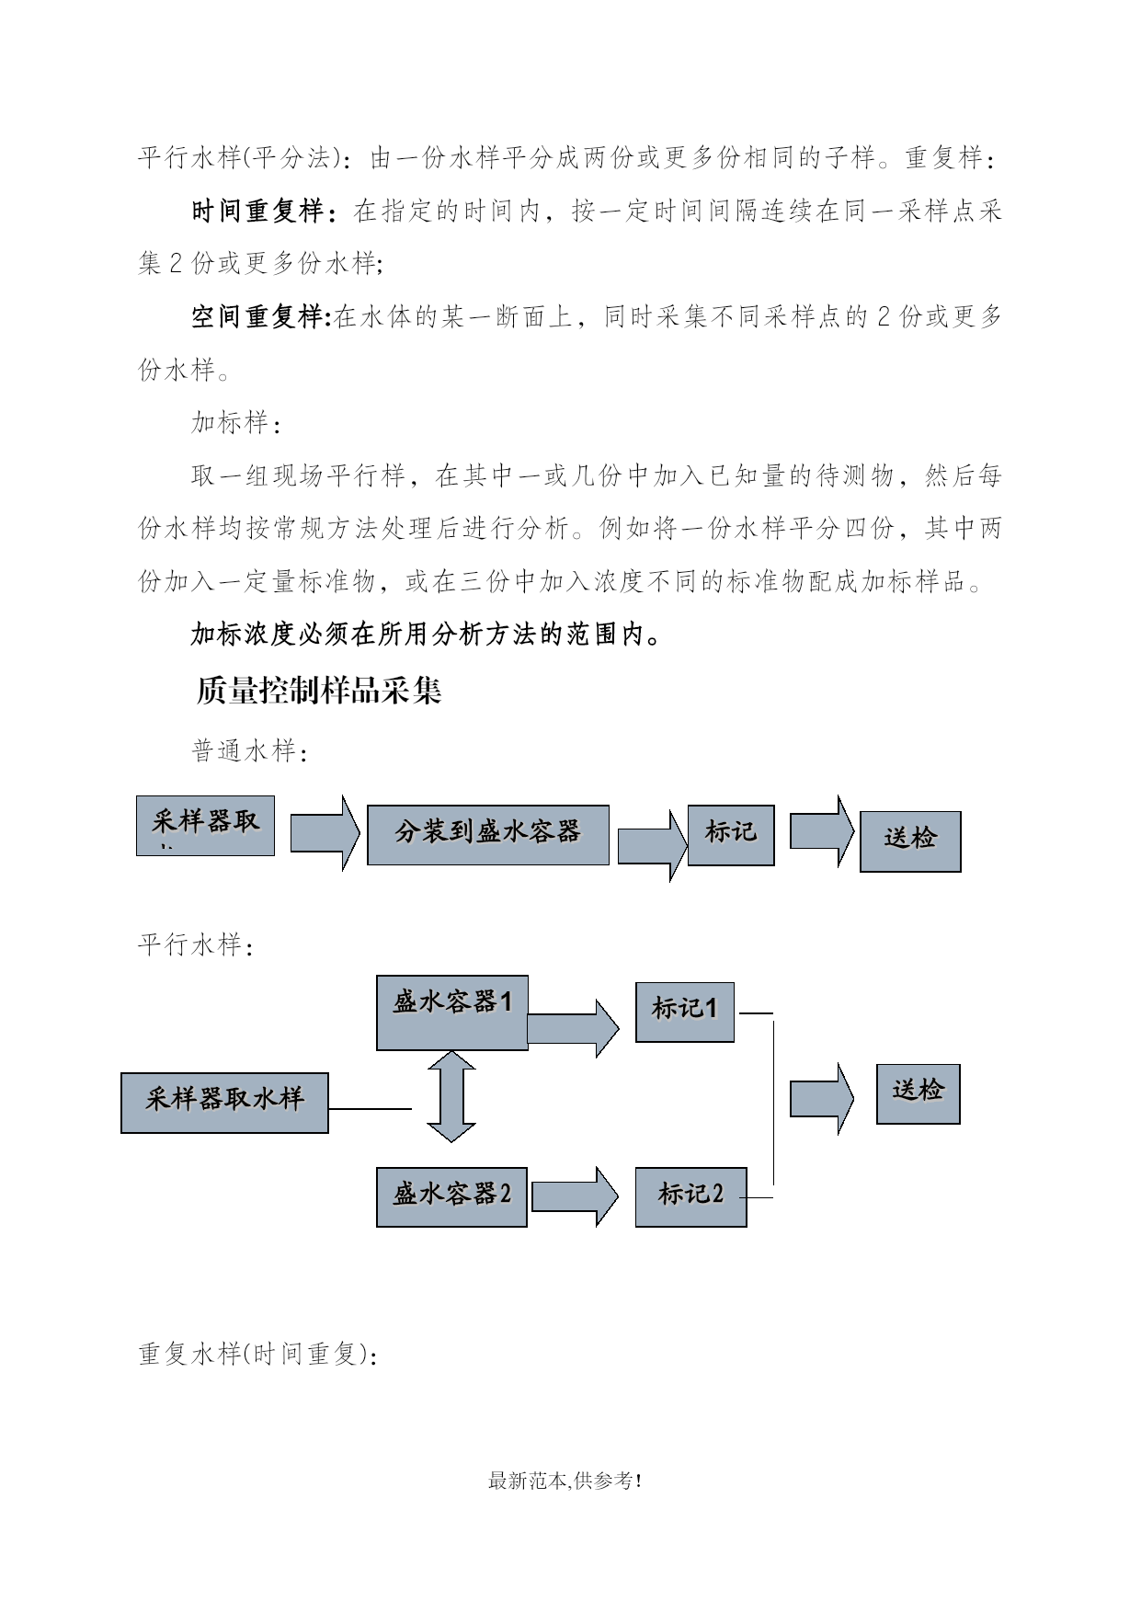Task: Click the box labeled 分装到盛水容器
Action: click(x=488, y=835)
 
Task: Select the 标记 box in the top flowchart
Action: click(x=731, y=835)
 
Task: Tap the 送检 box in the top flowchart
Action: click(x=910, y=841)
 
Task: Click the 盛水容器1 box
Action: click(x=452, y=1012)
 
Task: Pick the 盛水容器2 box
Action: click(x=451, y=1196)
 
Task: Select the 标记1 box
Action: click(x=685, y=1012)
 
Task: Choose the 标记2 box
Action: click(x=690, y=1196)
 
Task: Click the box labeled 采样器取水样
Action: click(x=224, y=1103)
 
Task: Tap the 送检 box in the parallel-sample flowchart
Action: click(x=919, y=1093)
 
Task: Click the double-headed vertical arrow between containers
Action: click(x=451, y=1097)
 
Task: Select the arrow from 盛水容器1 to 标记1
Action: click(x=574, y=1028)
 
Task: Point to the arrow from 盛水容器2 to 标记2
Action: click(x=576, y=1196)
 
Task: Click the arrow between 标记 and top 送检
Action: click(x=822, y=831)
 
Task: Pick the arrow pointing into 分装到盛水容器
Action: click(x=325, y=833)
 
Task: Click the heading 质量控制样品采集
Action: click(x=319, y=690)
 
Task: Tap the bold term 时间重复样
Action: click(x=257, y=211)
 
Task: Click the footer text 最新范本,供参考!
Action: click(x=565, y=1481)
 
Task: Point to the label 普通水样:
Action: click(x=249, y=751)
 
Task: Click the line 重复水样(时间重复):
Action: click(x=257, y=1354)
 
